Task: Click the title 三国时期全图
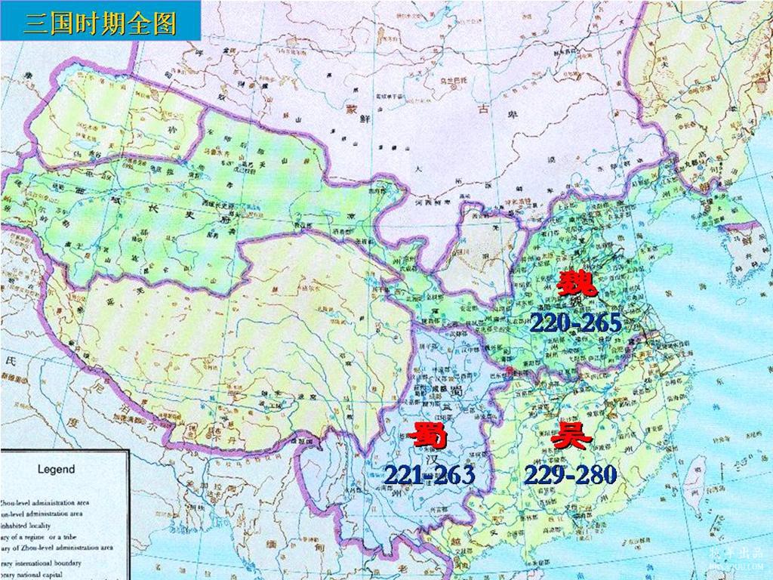100,22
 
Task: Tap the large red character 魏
577,285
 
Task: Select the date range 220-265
575,323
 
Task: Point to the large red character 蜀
430,437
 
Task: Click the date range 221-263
429,474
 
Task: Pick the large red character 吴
570,437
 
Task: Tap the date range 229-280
571,474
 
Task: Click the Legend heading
56,469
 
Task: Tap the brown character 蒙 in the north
351,109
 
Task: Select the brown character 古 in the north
483,109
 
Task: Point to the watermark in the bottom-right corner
736,557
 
